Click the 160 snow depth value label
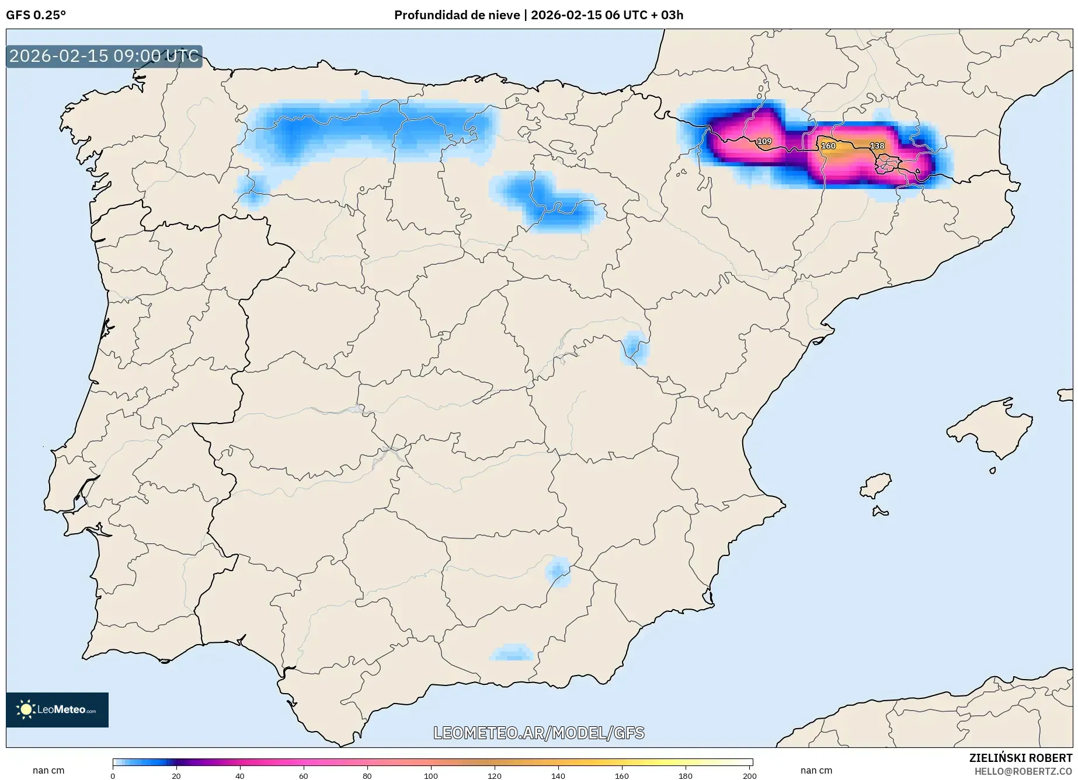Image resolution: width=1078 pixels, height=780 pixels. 828,146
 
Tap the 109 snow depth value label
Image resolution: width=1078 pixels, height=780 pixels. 764,141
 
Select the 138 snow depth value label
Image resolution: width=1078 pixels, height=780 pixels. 877,146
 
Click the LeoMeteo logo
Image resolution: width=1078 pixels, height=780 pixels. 57,709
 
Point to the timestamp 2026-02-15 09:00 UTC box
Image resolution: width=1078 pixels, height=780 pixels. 104,56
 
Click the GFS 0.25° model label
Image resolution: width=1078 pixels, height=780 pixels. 36,15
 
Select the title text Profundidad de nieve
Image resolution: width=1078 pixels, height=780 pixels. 457,15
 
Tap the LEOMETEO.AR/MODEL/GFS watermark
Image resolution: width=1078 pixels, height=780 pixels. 538,733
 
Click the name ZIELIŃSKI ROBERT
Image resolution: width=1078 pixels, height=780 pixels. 1020,758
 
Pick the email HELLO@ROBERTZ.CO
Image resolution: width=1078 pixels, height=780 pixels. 1023,771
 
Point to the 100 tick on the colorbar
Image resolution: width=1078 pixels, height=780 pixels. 431,775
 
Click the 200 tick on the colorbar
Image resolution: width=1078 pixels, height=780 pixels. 750,775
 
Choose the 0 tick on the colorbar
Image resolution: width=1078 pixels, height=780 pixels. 113,775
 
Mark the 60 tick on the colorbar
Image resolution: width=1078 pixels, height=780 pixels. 303,775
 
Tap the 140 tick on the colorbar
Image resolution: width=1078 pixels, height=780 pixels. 558,775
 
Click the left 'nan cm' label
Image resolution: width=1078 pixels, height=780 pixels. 48,771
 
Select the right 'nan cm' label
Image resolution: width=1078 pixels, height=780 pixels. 816,771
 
